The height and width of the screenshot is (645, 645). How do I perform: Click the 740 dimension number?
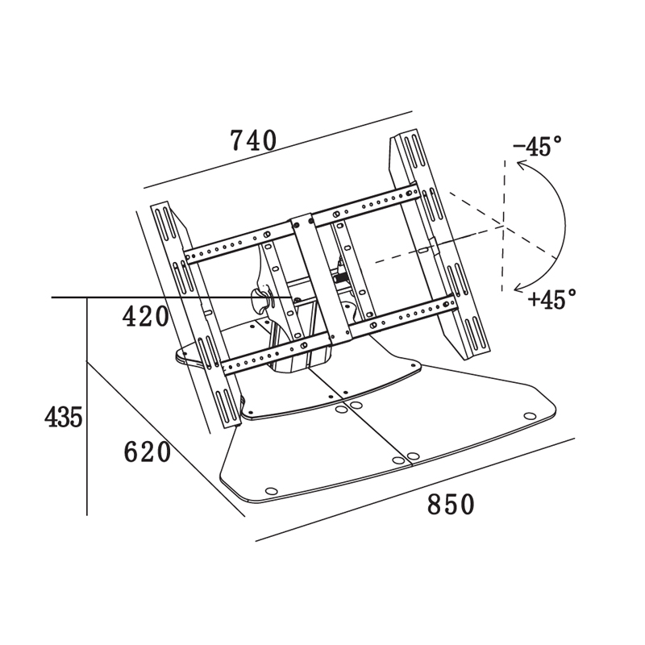tap(253, 139)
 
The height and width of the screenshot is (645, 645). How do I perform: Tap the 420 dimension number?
tap(146, 317)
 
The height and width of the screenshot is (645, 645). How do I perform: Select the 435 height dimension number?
tap(64, 417)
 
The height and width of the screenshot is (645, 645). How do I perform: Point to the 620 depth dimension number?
tap(148, 451)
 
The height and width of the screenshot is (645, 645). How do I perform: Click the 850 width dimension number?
tap(451, 505)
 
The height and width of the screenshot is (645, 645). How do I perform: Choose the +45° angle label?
tap(552, 298)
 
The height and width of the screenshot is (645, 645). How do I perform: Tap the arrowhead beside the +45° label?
tap(520, 288)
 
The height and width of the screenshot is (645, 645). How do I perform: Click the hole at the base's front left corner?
tap(271, 491)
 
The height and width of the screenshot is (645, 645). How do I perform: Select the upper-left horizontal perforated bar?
tap(238, 243)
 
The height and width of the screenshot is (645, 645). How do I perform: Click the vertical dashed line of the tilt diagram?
tap(502, 226)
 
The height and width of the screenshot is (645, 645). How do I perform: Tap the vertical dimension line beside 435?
tap(87, 406)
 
